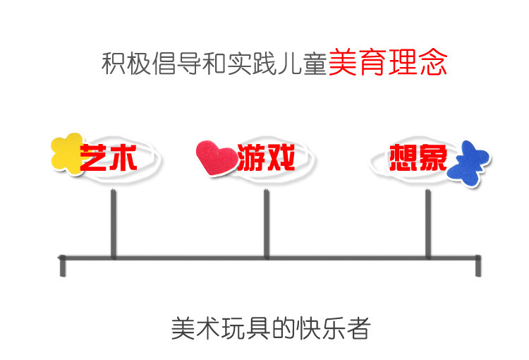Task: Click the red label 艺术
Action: click(109, 158)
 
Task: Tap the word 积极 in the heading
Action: click(126, 64)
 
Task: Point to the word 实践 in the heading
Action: click(252, 64)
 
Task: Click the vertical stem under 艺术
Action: click(113, 224)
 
